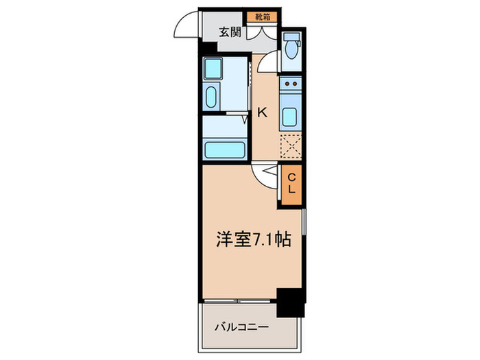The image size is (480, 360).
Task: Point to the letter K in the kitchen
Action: (261, 113)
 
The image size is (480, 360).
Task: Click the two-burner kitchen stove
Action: (291, 86)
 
